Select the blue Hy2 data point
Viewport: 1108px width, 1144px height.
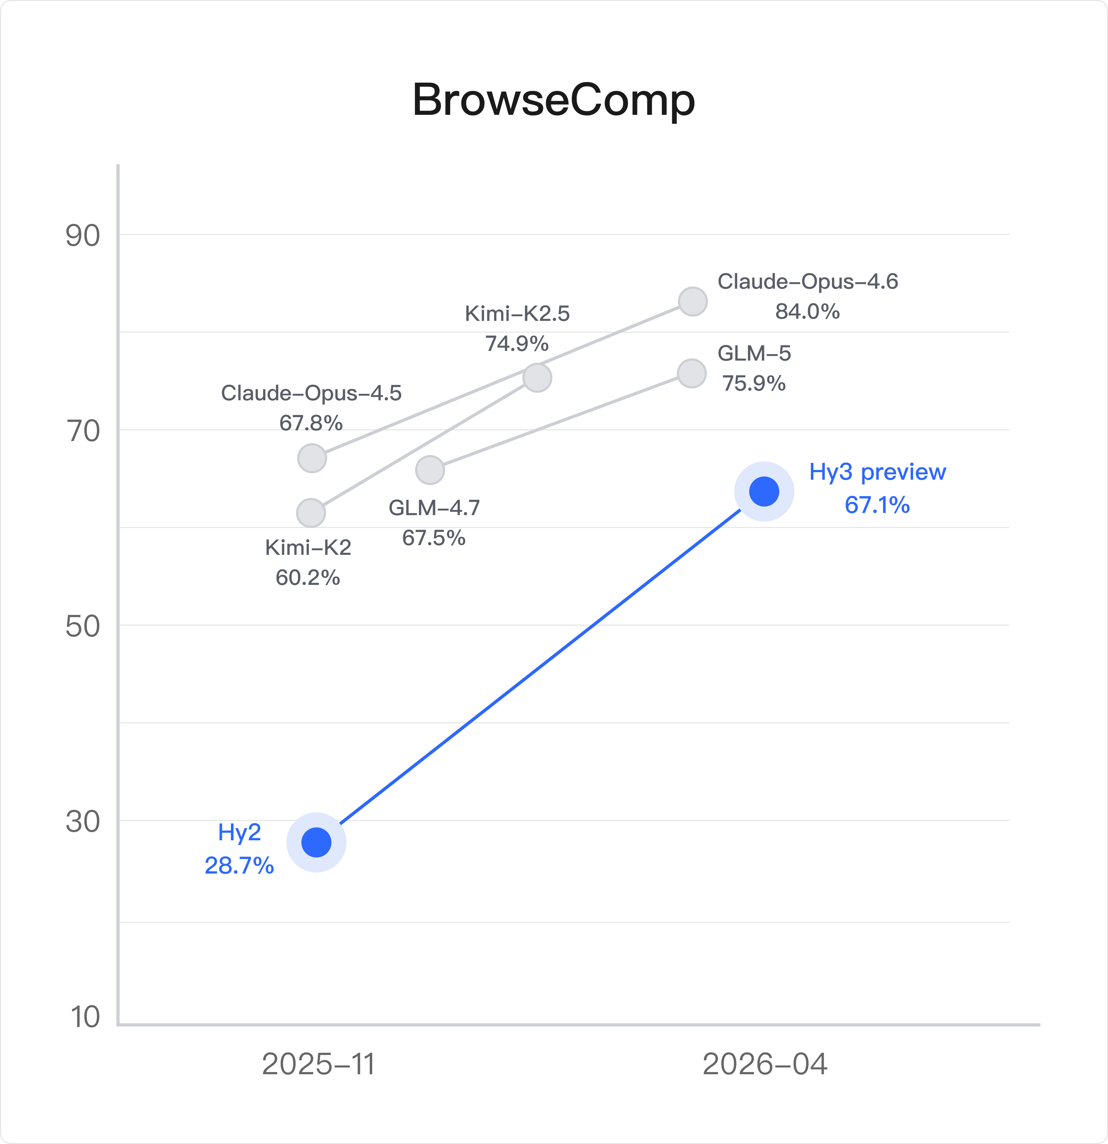(316, 842)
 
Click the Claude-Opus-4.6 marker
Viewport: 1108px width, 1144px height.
(693, 302)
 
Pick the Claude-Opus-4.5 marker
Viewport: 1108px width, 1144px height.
(312, 458)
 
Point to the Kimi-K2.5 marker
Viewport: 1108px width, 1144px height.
(537, 378)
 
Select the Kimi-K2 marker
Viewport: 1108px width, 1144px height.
(311, 513)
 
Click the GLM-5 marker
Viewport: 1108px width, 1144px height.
(691, 373)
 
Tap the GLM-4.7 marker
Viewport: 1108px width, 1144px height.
(430, 470)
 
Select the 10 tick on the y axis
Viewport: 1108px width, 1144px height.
(85, 1017)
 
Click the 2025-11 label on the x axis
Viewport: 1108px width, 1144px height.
(318, 1064)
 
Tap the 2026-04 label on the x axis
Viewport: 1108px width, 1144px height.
(764, 1064)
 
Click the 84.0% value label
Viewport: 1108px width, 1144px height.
(807, 312)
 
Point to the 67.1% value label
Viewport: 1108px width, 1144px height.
(877, 505)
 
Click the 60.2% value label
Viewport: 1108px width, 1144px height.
(307, 578)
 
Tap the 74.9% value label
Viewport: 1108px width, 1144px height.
(517, 344)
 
